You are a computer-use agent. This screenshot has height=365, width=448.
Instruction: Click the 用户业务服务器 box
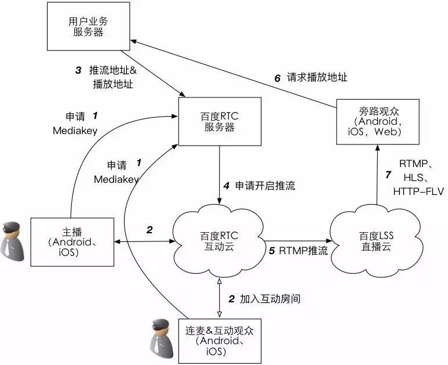[88, 27]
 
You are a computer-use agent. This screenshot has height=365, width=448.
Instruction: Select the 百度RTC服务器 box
[219, 122]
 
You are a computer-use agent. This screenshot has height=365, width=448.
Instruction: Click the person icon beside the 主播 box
[13, 238]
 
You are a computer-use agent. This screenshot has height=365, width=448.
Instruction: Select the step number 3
[78, 70]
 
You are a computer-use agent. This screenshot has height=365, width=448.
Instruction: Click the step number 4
[227, 186]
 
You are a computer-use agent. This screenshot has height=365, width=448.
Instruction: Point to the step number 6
[277, 78]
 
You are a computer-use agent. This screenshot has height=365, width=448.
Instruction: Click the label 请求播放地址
[318, 78]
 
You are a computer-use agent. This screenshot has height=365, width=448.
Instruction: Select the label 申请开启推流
[265, 186]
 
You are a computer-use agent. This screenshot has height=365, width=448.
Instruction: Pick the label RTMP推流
[303, 251]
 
